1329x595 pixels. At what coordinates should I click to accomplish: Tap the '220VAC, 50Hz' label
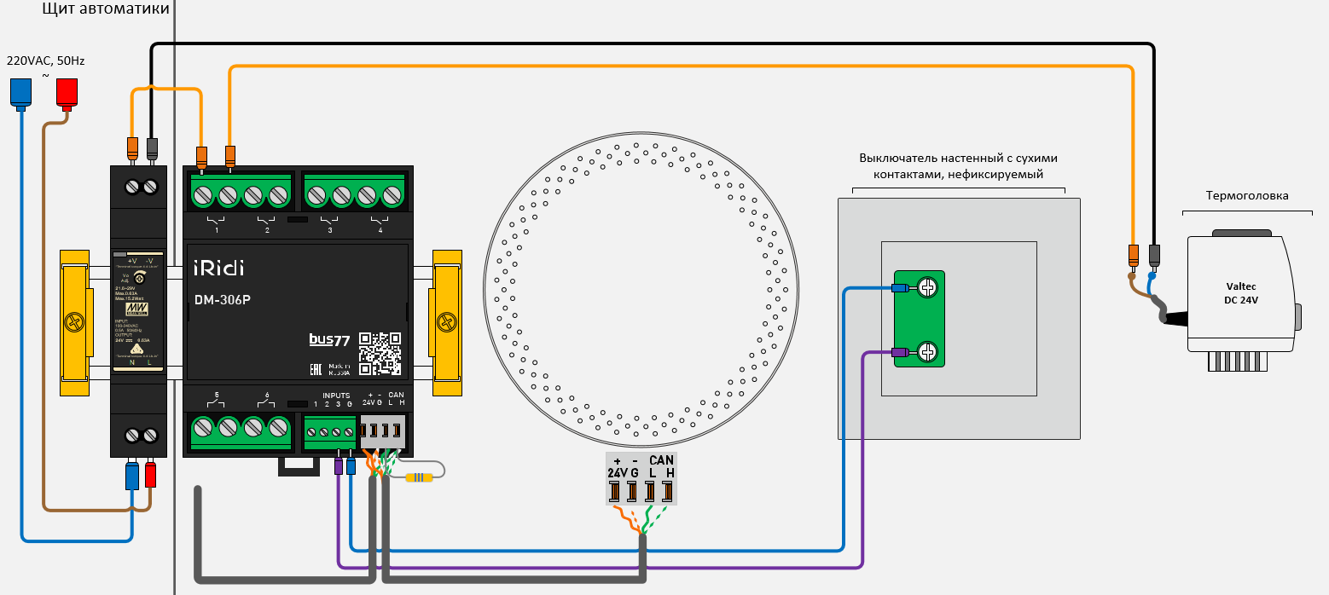[46, 61]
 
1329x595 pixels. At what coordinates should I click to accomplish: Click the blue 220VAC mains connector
[21, 92]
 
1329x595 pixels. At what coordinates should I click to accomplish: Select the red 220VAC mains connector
[67, 92]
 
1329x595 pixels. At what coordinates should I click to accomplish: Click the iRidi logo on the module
[218, 268]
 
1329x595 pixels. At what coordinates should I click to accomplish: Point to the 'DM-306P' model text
[221, 299]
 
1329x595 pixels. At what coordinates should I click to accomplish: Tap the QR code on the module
[380, 353]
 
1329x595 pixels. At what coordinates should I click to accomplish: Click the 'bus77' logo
[329, 339]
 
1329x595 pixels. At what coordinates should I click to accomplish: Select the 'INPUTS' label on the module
[336, 396]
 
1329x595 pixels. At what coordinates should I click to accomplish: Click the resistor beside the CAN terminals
[418, 477]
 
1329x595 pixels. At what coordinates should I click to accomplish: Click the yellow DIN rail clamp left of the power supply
[74, 322]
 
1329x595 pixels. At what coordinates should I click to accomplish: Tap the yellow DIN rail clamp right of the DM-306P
[446, 322]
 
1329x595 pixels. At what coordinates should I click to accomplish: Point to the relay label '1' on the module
[217, 231]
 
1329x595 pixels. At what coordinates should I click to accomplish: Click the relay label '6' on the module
[267, 396]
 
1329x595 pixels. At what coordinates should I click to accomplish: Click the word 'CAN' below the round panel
[661, 460]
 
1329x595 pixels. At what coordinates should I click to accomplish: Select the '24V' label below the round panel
[617, 473]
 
